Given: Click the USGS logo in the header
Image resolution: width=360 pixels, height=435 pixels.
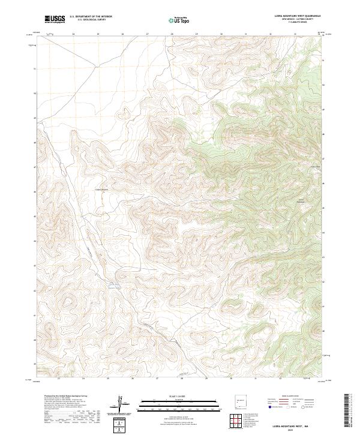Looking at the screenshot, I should [x=55, y=19].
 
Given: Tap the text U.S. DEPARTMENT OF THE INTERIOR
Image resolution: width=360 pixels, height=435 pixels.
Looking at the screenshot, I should [x=91, y=17].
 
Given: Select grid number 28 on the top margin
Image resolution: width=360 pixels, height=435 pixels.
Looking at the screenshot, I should [x=172, y=34].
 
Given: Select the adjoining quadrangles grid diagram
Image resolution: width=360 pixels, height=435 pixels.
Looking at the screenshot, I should [x=237, y=421].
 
